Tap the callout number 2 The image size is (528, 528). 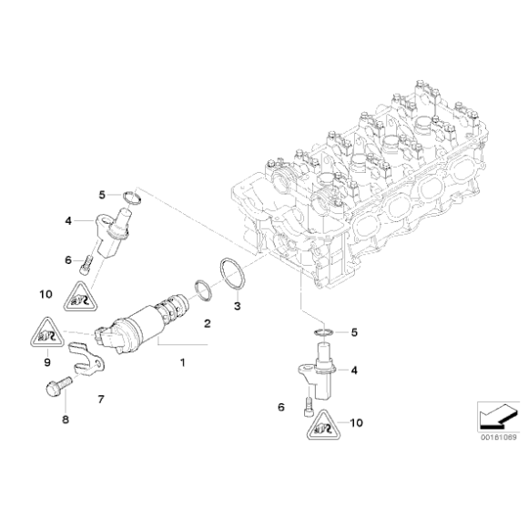[x=207, y=323]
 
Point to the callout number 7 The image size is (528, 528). [x=101, y=399]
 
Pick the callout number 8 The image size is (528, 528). [x=65, y=421]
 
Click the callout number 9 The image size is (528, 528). [x=46, y=360]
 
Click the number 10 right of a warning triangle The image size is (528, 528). [x=356, y=423]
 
